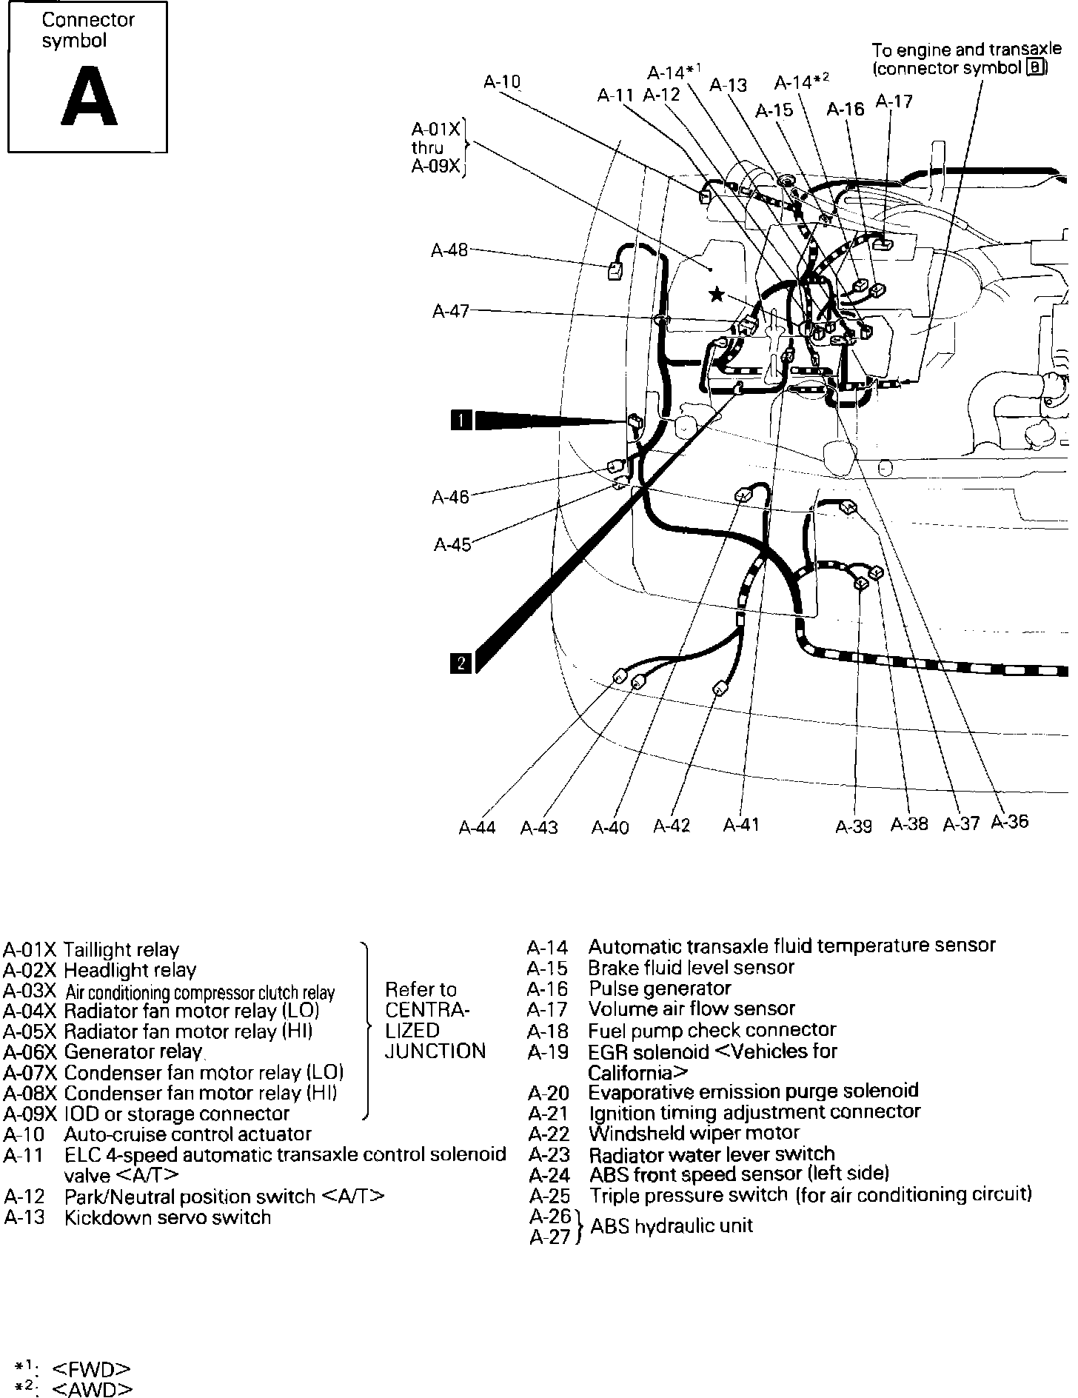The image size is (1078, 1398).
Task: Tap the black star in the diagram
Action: pos(716,295)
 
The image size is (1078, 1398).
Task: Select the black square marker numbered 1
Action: pos(461,421)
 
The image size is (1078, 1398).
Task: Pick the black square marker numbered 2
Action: pos(461,662)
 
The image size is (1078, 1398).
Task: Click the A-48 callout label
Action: pos(449,250)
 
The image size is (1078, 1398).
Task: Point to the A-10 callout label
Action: pos(502,81)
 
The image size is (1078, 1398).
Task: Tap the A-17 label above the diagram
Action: pos(894,101)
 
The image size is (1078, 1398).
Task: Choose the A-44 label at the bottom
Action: pos(477,827)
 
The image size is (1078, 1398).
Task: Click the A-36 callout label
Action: pos(1010,821)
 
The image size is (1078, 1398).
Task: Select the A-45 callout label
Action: pos(452,545)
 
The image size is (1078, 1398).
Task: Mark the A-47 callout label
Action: pos(450,311)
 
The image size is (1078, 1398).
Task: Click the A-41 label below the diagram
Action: pos(741,824)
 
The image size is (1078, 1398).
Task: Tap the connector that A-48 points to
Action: pos(615,271)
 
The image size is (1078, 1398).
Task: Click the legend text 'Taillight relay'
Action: pos(121,950)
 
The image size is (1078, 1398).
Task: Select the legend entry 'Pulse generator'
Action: pos(660,989)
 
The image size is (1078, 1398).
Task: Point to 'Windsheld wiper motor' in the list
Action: pos(694,1133)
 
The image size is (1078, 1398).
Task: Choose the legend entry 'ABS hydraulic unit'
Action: pos(672,1225)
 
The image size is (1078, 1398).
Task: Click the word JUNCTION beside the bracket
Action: pos(435,1051)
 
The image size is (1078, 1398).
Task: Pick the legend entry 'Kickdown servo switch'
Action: pos(167,1217)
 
